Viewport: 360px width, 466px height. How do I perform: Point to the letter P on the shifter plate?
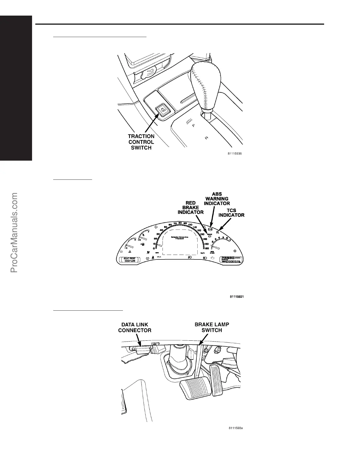point(193,125)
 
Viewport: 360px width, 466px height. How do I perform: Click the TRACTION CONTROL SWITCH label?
point(141,142)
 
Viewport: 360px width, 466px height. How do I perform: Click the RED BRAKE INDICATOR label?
point(191,208)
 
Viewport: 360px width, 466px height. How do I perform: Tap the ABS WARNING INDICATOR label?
point(217,199)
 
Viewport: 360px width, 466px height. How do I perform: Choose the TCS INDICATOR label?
point(231,213)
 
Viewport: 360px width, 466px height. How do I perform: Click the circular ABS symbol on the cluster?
point(210,229)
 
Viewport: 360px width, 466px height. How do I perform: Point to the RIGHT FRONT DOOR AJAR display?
point(130,259)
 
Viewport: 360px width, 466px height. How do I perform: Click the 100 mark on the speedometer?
point(190,225)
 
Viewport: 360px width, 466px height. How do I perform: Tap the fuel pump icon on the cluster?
point(143,244)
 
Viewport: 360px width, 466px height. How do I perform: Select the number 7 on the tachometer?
point(230,240)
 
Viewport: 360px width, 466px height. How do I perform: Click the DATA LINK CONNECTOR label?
point(135,327)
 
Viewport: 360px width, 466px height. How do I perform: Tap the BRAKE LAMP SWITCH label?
point(212,327)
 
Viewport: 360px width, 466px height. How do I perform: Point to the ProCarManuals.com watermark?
point(14,232)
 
